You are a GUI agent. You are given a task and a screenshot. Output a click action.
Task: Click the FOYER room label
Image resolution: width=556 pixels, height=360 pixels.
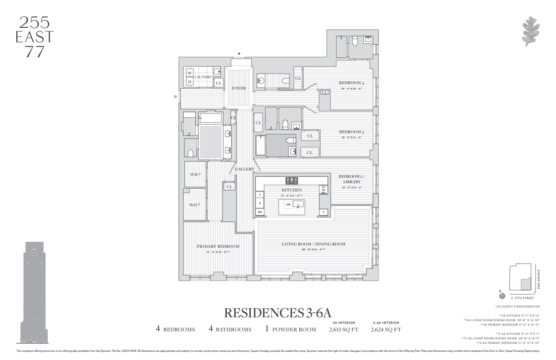pyautogui.click(x=238, y=88)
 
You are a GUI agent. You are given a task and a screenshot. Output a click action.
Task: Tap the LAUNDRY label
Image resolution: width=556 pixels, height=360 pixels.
pyautogui.click(x=203, y=77)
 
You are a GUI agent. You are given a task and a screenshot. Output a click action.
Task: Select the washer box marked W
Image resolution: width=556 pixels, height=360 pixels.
pyautogui.click(x=190, y=73)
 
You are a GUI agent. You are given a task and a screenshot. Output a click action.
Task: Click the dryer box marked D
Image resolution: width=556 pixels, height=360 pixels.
pyautogui.click(x=190, y=82)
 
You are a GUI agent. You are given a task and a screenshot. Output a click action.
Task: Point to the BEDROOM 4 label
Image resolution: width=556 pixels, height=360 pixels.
pyautogui.click(x=352, y=83)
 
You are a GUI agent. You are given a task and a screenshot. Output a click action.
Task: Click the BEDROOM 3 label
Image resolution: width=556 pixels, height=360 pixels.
pyautogui.click(x=352, y=132)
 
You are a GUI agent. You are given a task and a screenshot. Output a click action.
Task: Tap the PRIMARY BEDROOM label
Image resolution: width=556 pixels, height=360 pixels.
pyautogui.click(x=218, y=246)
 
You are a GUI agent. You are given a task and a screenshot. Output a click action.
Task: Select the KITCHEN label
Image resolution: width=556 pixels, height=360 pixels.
pyautogui.click(x=291, y=190)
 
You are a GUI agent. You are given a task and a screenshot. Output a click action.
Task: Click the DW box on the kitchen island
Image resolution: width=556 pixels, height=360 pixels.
pyautogui.click(x=288, y=205)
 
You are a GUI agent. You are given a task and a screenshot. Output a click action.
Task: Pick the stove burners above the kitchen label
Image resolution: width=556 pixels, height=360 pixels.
pyautogui.click(x=291, y=180)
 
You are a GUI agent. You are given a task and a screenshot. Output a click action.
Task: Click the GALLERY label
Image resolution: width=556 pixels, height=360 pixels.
pyautogui.click(x=244, y=169)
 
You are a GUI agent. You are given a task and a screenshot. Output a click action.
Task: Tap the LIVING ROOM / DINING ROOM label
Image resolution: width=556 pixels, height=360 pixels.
pyautogui.click(x=313, y=244)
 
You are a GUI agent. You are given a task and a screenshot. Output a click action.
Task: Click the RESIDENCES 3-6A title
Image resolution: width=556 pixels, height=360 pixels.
pyautogui.click(x=278, y=313)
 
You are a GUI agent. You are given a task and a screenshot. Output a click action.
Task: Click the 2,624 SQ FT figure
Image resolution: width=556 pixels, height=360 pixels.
pyautogui.click(x=386, y=330)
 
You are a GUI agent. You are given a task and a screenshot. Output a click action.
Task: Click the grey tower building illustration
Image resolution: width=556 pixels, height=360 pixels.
pyautogui.click(x=35, y=291)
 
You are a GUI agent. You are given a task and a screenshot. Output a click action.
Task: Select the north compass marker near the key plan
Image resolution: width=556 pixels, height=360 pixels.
pyautogui.click(x=501, y=295)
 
